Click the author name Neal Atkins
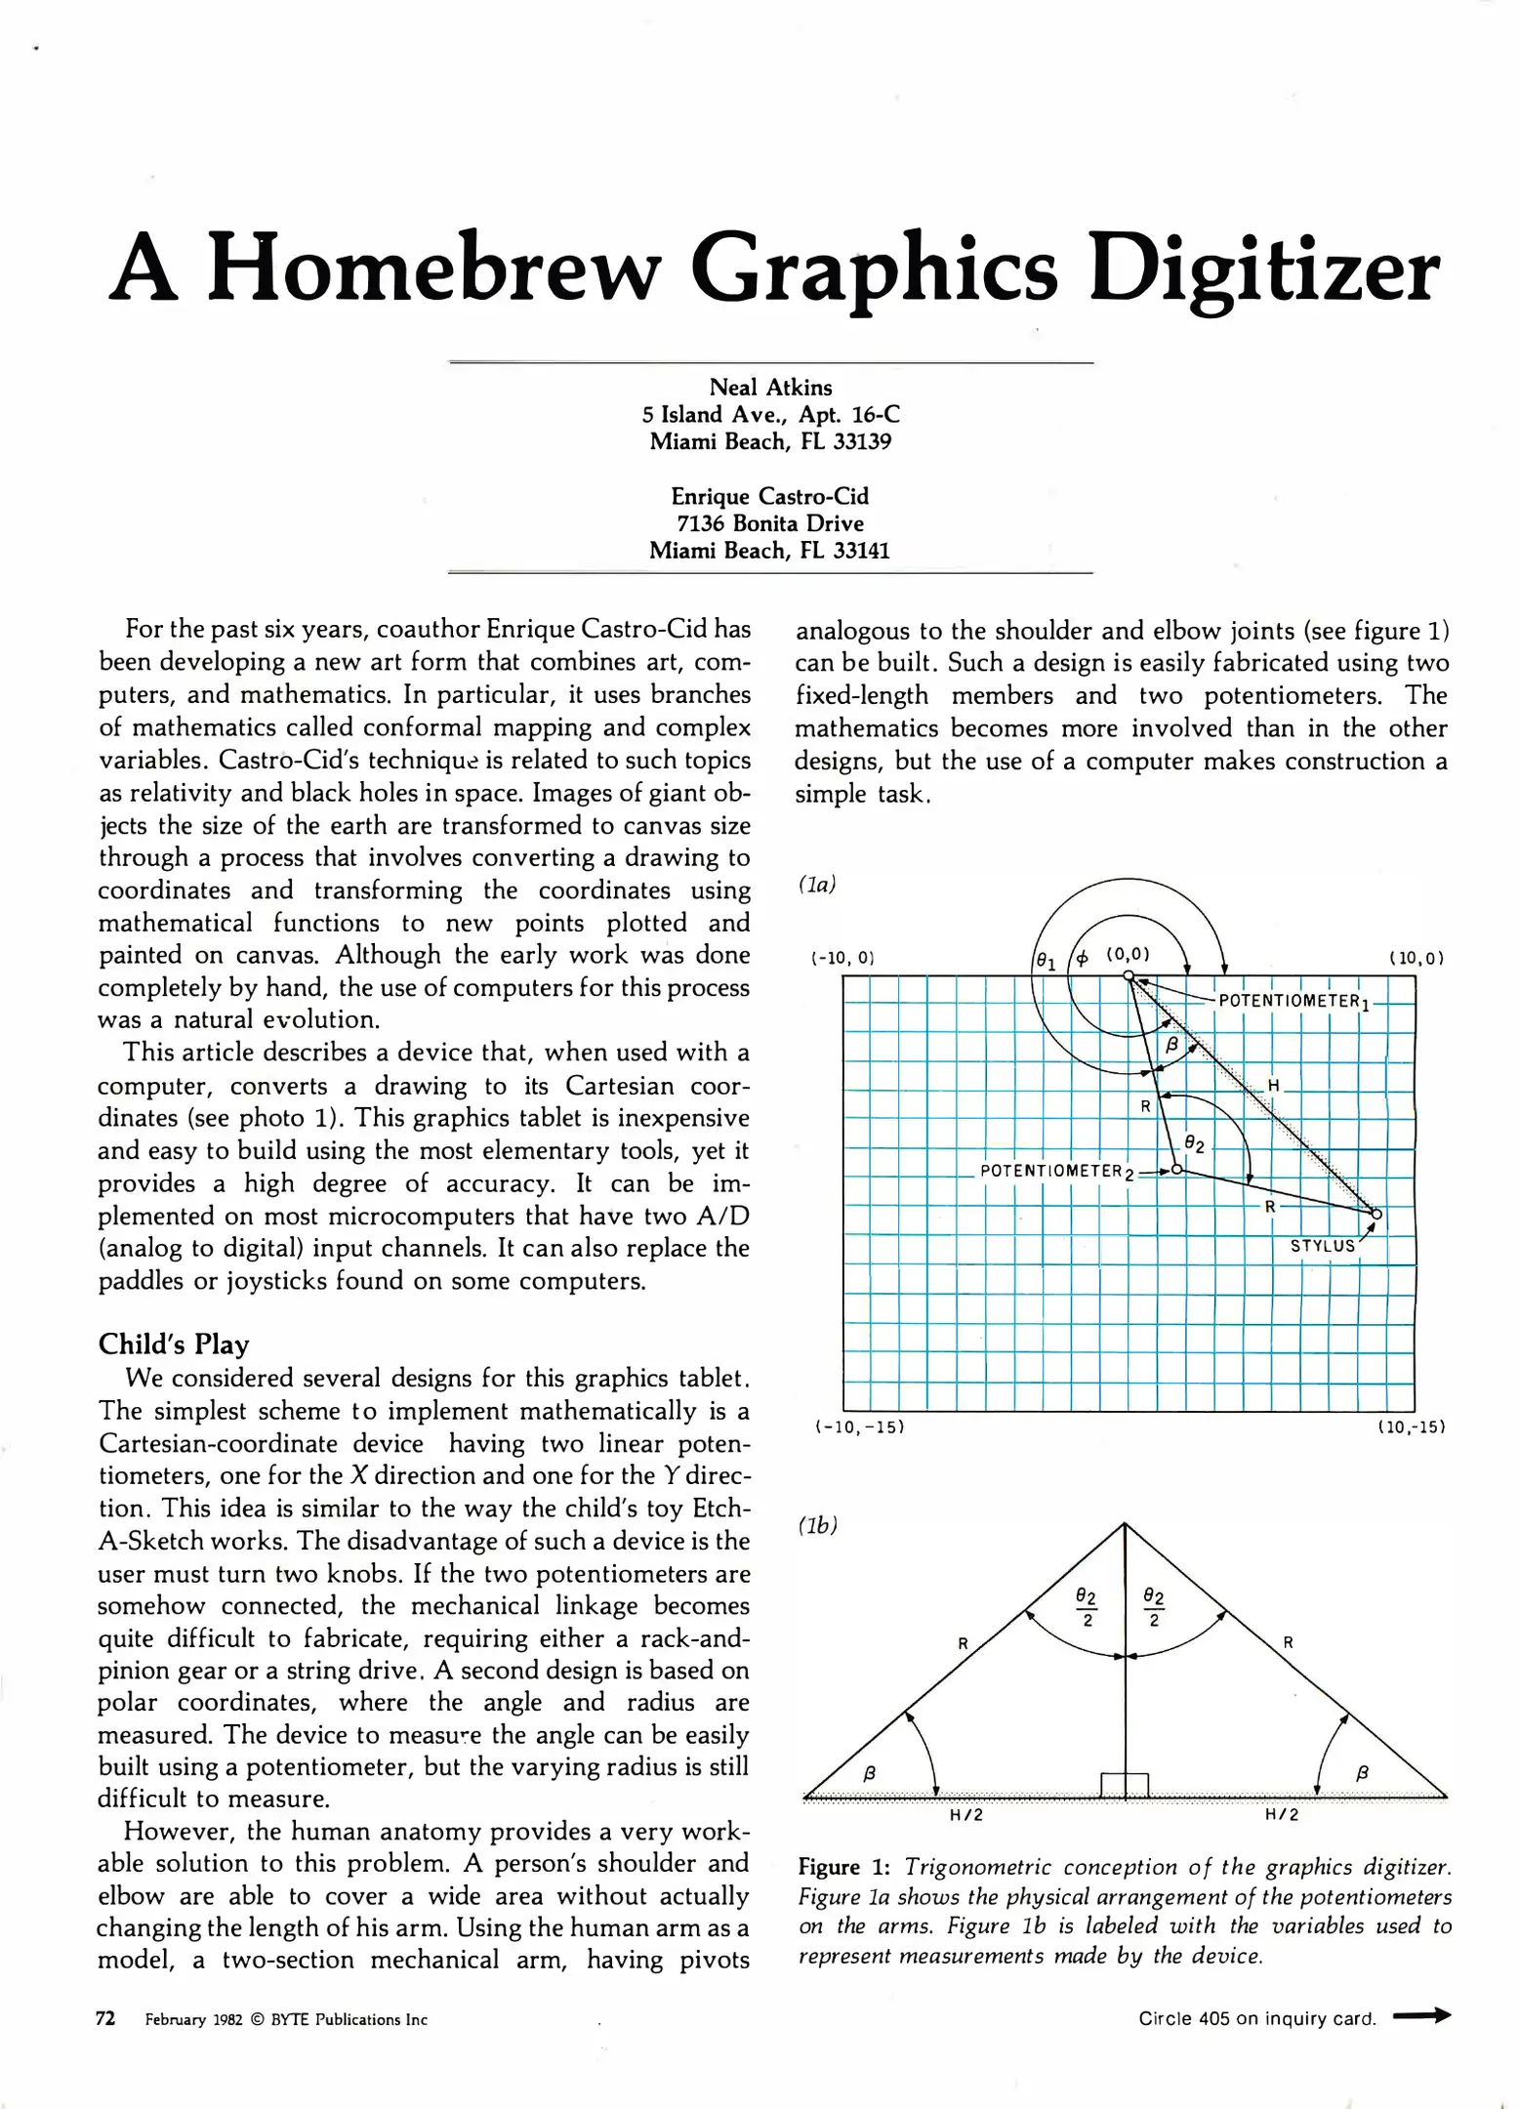coord(770,388)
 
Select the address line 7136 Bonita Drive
coord(770,523)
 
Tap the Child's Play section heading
coord(174,1344)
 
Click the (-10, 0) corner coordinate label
coord(842,958)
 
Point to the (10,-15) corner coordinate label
coord(1410,1427)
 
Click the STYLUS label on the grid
coord(1323,1246)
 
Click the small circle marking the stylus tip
coord(1376,1215)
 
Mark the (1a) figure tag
coord(817,885)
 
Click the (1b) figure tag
coord(818,1525)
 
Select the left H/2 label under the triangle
coord(966,1815)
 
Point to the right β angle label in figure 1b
coord(1363,1772)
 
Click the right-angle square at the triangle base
coord(1125,1785)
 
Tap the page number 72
coord(105,2018)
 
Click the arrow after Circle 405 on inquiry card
coord(1421,2015)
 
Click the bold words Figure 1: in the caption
coord(843,1867)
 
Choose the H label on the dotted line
coord(1273,1086)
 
